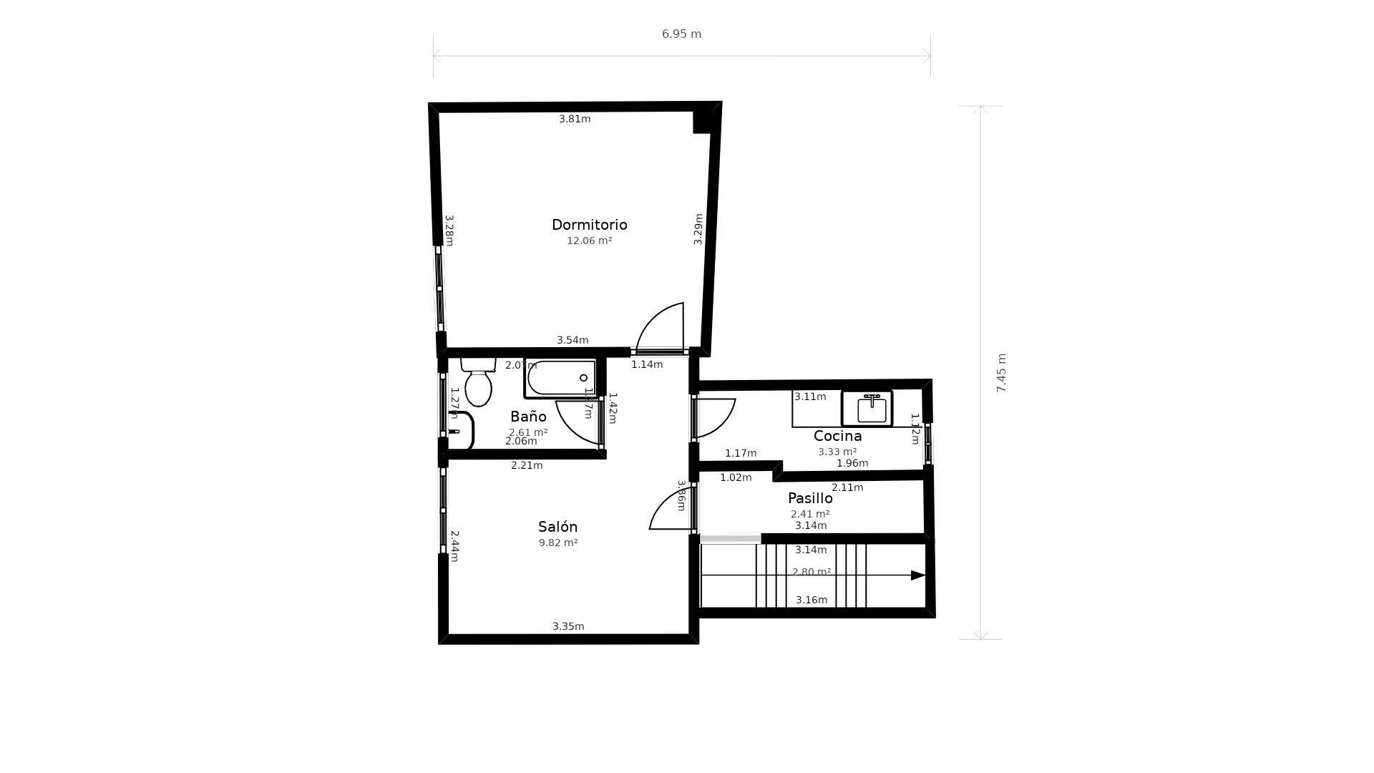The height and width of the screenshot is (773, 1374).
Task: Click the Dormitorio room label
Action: [589, 225]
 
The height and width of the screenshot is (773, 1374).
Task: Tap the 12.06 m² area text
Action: [589, 241]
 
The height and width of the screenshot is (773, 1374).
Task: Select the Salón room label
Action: [557, 527]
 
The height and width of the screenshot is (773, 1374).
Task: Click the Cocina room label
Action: [837, 436]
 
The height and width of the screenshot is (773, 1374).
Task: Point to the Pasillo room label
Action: [810, 498]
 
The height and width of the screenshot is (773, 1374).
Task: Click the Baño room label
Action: [528, 417]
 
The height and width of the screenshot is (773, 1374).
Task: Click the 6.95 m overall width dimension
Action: [681, 34]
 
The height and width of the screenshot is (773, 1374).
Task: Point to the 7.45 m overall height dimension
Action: [1001, 373]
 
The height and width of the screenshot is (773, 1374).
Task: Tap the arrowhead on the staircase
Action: [917, 575]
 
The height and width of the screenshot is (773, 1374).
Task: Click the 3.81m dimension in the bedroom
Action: [575, 120]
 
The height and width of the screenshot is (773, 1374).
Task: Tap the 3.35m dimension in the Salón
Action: [568, 627]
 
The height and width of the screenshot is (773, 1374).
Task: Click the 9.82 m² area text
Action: [558, 543]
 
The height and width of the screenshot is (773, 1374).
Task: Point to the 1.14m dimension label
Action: [647, 365]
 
